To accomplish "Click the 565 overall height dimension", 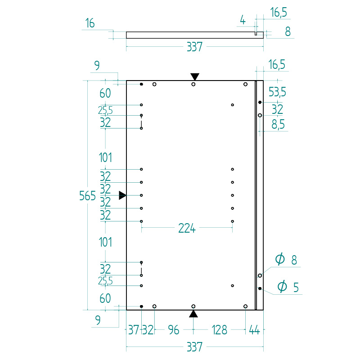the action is click(87, 196).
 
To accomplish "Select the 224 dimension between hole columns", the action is click(187, 229).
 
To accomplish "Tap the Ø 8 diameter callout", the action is click(286, 260).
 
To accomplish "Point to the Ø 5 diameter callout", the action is click(288, 287).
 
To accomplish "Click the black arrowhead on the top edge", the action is click(195, 76).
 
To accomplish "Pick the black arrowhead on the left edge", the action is click(122, 195).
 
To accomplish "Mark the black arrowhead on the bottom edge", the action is click(193, 314).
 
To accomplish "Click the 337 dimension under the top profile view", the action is click(194, 47).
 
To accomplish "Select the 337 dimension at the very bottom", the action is click(194, 347).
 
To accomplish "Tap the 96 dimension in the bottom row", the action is click(173, 330).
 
